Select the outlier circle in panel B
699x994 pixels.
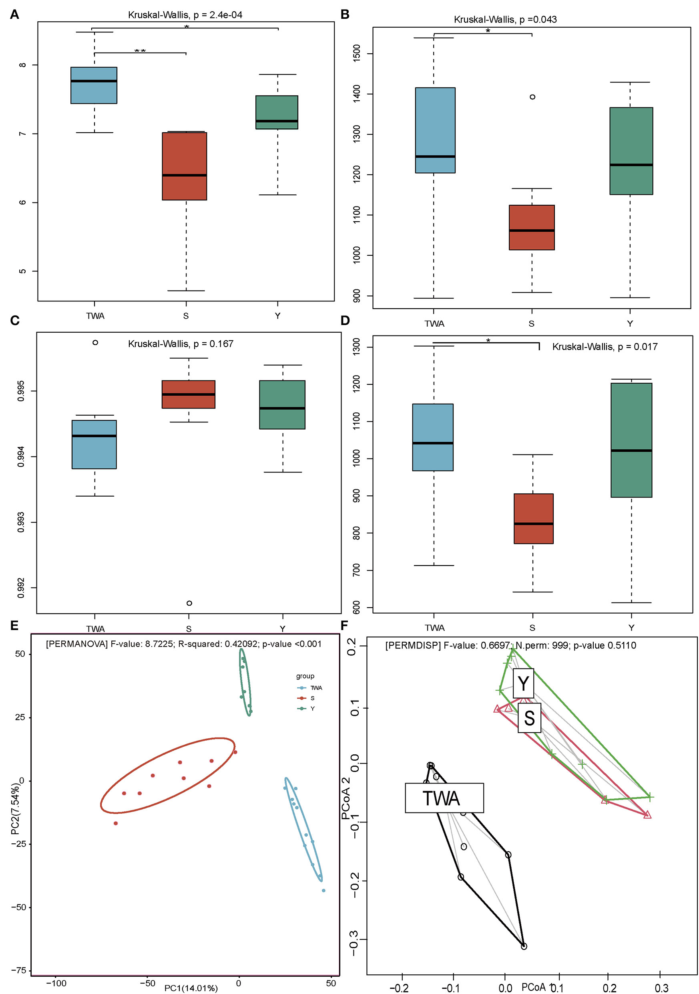[x=532, y=97]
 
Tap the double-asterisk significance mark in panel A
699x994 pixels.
[x=140, y=51]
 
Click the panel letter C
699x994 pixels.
[x=14, y=320]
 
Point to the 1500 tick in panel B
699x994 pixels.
[x=357, y=53]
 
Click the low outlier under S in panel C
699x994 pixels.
[x=189, y=603]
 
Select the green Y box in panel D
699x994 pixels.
[x=631, y=440]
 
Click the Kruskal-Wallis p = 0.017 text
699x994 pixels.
[x=605, y=347]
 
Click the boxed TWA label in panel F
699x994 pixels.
[x=444, y=798]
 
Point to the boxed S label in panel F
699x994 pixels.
[x=529, y=718]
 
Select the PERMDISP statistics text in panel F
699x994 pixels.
[x=510, y=645]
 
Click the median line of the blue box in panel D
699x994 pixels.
[x=433, y=443]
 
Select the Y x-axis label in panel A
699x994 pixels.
[x=277, y=315]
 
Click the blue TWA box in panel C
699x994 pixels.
[x=94, y=444]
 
